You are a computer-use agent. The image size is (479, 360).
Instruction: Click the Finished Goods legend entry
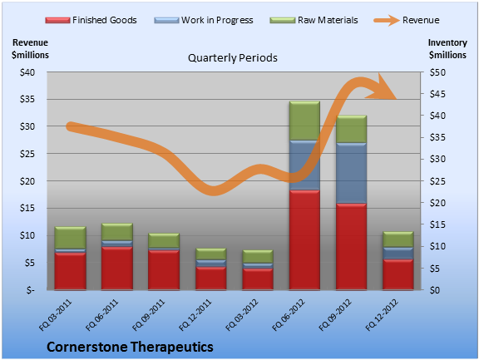tap(91, 20)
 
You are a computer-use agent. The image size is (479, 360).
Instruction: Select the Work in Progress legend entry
tap(204, 20)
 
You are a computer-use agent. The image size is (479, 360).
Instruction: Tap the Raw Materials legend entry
tap(314, 20)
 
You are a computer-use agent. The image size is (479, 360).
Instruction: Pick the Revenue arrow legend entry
tap(407, 20)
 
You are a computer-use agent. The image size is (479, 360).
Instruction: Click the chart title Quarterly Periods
tap(233, 57)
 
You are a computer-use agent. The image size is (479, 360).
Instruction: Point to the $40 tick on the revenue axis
tap(27, 72)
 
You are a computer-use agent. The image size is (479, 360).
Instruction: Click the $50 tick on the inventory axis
tap(437, 72)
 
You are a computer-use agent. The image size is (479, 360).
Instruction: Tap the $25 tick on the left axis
tap(27, 154)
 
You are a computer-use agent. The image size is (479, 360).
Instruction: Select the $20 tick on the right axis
tap(437, 203)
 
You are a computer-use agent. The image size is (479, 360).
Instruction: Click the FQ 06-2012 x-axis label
tap(289, 315)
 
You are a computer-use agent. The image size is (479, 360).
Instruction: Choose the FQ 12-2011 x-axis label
tap(195, 315)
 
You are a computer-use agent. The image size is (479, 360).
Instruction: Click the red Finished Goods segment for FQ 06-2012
tap(304, 240)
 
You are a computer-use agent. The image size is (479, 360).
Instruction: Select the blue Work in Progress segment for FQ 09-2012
tap(351, 173)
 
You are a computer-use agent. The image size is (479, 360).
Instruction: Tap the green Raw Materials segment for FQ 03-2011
tap(70, 238)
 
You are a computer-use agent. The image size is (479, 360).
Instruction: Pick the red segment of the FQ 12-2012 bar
tap(398, 274)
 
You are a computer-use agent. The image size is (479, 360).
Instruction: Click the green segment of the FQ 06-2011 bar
tap(117, 232)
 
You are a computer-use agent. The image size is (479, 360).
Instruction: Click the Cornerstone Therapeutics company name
tap(130, 347)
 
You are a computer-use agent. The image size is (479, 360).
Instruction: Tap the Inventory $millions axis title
tap(447, 49)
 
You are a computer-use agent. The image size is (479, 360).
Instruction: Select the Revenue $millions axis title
tap(30, 49)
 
